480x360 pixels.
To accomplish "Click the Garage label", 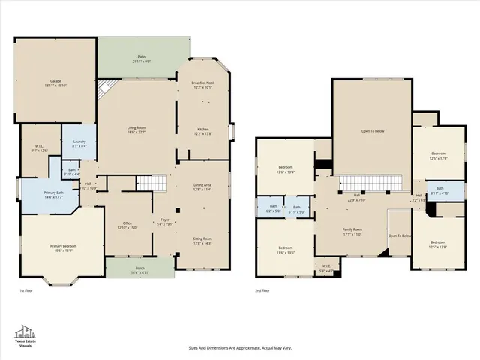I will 55,81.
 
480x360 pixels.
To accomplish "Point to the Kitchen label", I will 203,131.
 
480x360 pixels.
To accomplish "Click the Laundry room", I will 78,145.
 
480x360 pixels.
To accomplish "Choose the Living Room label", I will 136,130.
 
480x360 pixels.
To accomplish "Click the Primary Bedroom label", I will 63,247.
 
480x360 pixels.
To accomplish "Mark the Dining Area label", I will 202,186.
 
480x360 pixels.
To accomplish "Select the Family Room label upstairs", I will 352,231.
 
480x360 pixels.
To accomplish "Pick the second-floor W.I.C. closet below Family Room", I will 327,268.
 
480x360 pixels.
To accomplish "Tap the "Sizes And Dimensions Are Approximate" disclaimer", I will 240,348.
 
